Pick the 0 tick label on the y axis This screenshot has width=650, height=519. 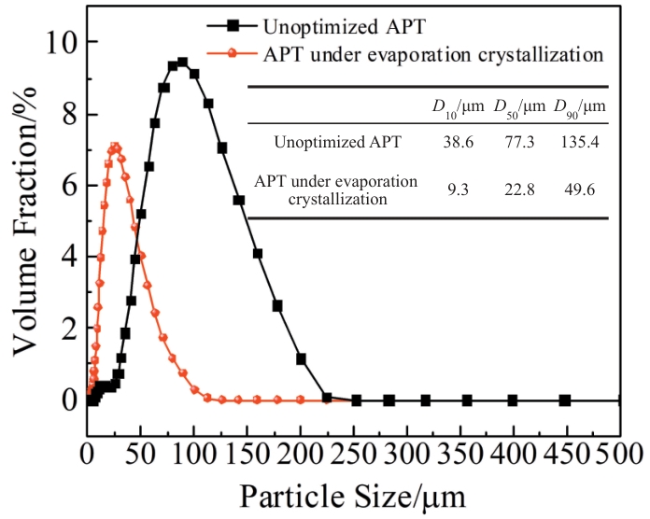tap(69, 400)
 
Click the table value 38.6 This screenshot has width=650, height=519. tap(455, 143)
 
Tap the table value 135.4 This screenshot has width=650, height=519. tap(579, 143)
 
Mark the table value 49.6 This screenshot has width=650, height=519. tap(579, 189)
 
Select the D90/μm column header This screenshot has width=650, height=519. tap(579, 106)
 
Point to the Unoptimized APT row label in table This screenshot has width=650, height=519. tap(339, 143)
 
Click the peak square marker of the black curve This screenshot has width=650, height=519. tap(182, 63)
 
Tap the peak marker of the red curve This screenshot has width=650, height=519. tap(115, 147)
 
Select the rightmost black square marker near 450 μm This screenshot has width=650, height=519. tap(564, 400)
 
